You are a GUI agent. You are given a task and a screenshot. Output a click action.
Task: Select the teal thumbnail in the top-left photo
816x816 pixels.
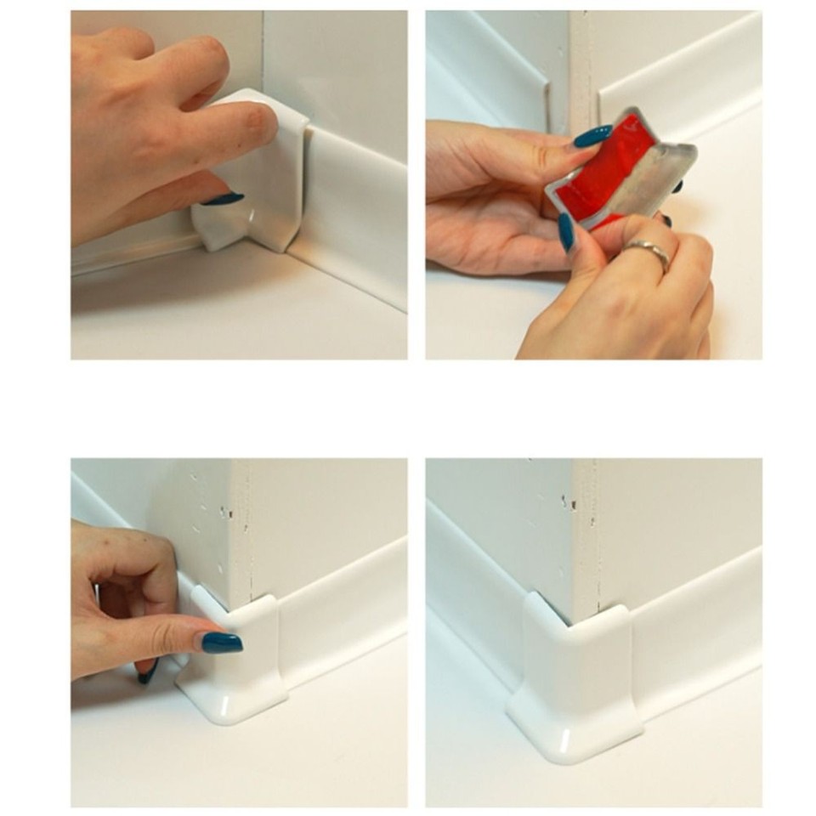pyautogui.click(x=223, y=199)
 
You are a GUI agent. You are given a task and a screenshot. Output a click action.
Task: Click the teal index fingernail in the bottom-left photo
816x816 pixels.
pyautogui.click(x=222, y=643)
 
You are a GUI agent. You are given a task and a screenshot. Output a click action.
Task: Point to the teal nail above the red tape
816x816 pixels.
pyautogui.click(x=592, y=135)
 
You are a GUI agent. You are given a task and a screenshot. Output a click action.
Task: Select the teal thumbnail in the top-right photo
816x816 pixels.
pyautogui.click(x=567, y=232)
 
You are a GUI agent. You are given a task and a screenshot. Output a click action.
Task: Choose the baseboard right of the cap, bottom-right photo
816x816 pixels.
pyautogui.click(x=697, y=629)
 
